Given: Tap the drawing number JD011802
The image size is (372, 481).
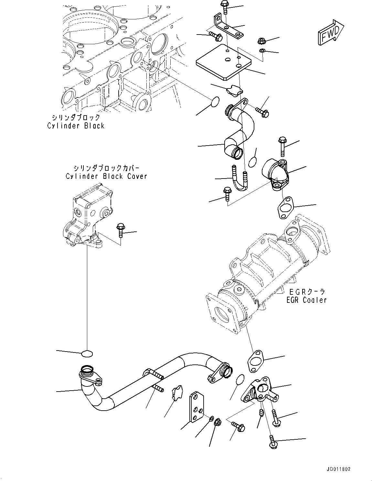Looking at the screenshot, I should click(x=336, y=469).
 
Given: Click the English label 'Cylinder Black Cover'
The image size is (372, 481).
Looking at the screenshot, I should click(x=106, y=176).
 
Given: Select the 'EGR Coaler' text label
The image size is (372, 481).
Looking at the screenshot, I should click(x=306, y=300).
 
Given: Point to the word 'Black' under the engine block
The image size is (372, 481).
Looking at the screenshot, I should click(x=94, y=126).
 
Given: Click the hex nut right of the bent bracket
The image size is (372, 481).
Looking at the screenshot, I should click(x=261, y=41).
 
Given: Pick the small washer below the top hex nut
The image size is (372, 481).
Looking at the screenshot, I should click(x=262, y=50).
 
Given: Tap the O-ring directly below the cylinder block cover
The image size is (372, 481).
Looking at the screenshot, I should click(x=87, y=353).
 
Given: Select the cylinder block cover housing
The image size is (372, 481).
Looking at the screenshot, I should click(x=87, y=220).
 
